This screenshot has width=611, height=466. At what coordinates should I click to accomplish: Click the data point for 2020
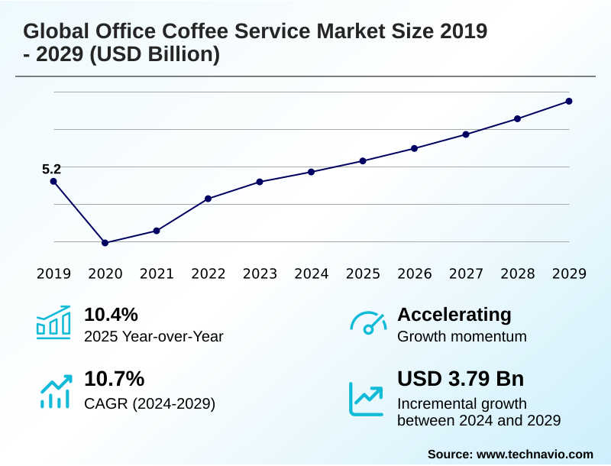[105, 243]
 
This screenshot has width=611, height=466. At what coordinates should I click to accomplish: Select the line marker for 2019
[53, 181]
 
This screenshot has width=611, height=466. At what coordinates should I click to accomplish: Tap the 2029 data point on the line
[569, 101]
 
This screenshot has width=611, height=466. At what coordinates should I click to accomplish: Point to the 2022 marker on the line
[209, 199]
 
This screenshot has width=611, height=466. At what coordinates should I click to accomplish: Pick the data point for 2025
[363, 161]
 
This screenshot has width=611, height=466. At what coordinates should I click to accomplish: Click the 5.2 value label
[51, 169]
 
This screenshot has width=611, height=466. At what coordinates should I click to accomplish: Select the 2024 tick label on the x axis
[312, 273]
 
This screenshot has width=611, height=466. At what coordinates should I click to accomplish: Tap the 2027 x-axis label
[466, 273]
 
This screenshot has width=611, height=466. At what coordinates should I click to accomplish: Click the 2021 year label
[157, 273]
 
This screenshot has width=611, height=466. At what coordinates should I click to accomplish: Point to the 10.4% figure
[111, 315]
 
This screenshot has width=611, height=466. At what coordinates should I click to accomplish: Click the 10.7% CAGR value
[114, 379]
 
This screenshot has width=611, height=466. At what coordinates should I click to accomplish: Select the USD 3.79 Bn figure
[461, 379]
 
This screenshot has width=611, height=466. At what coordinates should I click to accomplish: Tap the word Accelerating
[454, 315]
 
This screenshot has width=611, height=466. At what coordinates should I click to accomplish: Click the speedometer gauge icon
[367, 323]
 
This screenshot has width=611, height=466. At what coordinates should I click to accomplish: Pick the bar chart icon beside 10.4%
[53, 323]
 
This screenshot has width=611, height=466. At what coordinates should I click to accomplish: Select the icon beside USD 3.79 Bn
[367, 397]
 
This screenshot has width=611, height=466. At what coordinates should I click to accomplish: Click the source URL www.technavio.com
[535, 454]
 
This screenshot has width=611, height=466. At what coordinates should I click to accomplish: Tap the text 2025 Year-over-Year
[154, 336]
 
